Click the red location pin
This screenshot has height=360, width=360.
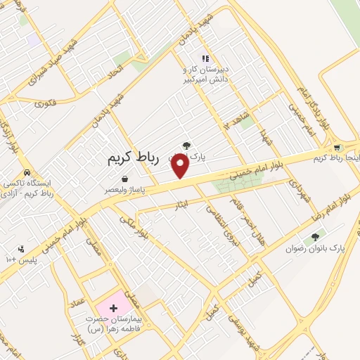click(181, 166)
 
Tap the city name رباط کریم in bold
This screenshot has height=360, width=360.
click(134, 159)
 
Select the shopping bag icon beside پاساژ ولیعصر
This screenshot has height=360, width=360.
click(124, 179)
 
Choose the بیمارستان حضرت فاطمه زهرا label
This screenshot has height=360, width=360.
click(112, 323)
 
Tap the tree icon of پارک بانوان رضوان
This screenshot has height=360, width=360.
click(313, 238)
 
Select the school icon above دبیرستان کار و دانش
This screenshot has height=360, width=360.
click(205, 58)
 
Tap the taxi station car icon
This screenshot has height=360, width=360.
click(26, 173)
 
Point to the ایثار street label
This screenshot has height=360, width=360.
click(181, 205)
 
